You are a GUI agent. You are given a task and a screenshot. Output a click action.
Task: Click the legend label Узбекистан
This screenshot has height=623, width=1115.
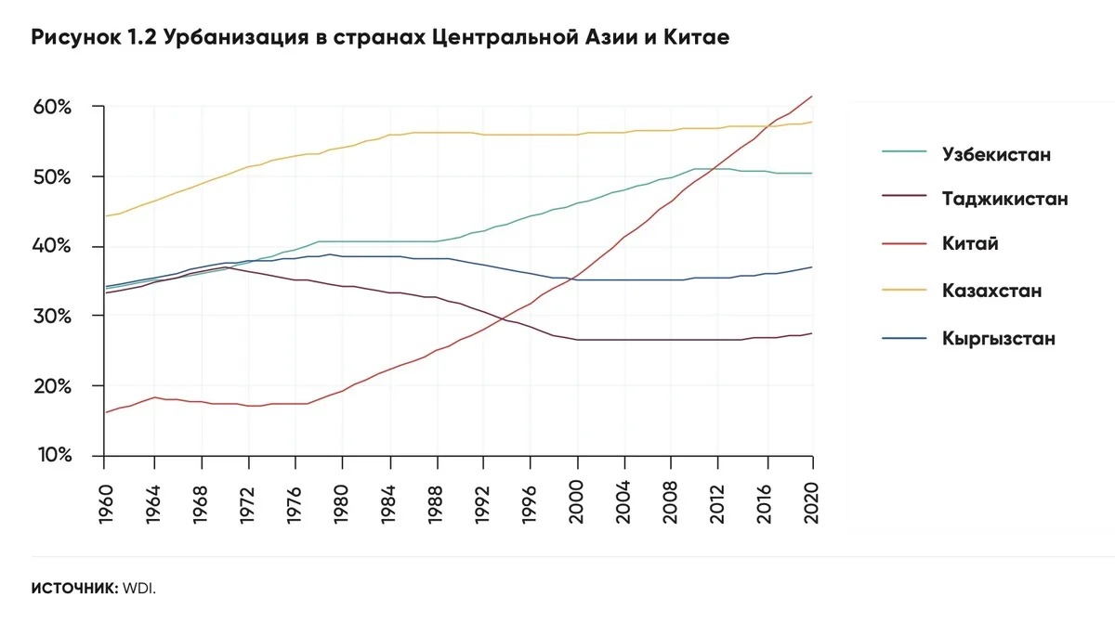pyautogui.click(x=995, y=153)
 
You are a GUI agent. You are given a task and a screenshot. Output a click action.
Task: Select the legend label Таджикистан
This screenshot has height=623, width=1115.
pyautogui.click(x=1004, y=199)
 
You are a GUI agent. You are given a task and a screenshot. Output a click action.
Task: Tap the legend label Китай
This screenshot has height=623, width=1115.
pyautogui.click(x=970, y=245)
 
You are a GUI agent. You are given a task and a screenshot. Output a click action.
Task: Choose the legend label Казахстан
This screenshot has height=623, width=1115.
pyautogui.click(x=991, y=292)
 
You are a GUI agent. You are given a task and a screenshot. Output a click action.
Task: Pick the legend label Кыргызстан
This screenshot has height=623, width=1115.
pyautogui.click(x=998, y=338)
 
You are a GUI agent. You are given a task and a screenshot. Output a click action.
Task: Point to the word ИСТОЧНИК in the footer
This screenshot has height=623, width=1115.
pyautogui.click(x=73, y=589)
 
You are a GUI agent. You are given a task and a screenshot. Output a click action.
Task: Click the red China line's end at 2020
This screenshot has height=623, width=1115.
pyautogui.click(x=813, y=96)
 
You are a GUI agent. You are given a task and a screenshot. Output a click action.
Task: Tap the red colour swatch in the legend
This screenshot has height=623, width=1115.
pyautogui.click(x=899, y=245)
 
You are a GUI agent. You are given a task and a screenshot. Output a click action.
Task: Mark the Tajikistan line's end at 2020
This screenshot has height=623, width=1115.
pyautogui.click(x=813, y=333)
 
